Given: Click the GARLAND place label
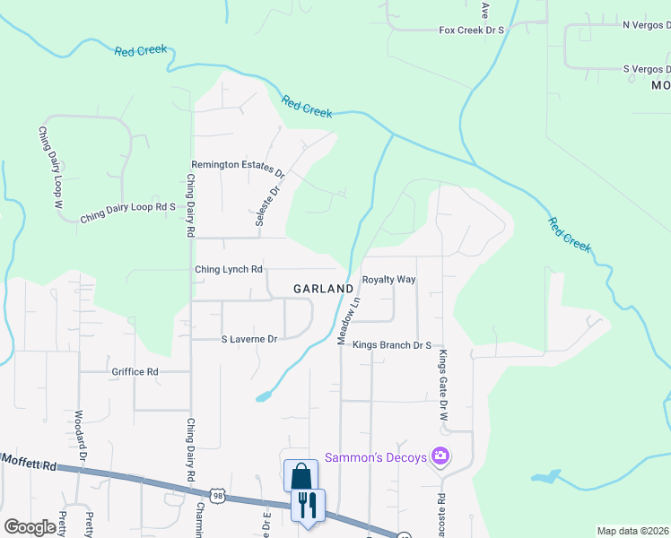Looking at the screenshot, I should tap(323, 289).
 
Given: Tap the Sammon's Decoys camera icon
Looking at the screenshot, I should tap(440, 456).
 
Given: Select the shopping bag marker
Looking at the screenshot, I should tap(301, 475).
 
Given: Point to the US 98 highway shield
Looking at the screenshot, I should tap(217, 494).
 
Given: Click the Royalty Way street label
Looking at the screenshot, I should tap(388, 280).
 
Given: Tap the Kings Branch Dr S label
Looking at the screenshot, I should tap(392, 345).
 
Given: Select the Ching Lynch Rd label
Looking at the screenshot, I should tap(229, 269).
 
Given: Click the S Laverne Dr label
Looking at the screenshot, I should tap(249, 340).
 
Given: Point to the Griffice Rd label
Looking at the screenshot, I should tap(135, 371).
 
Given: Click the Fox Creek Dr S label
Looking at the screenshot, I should tap(472, 30).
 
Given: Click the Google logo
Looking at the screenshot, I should tap(30, 527).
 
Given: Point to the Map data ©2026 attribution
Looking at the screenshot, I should tap(633, 531).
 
